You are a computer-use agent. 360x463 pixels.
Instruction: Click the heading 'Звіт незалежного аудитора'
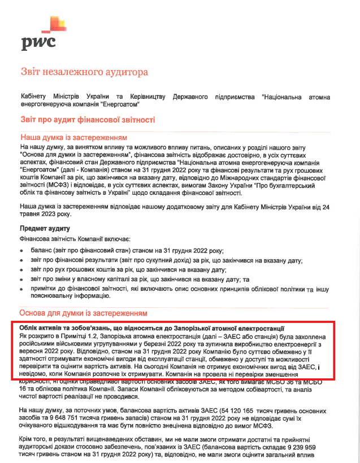84,72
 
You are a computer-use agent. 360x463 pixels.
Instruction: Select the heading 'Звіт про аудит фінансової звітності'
87,120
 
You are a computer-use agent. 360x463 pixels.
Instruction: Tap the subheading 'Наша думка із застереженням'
73,138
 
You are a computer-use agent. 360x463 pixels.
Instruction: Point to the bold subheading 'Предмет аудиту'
45,228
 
